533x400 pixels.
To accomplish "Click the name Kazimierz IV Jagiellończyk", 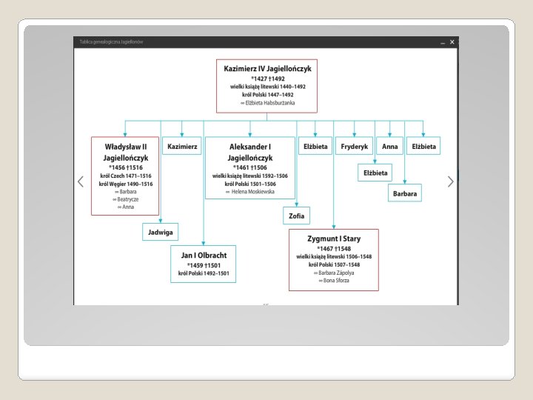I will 267,68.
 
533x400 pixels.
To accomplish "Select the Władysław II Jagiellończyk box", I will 125,176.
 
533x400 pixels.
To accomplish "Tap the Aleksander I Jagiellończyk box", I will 249,168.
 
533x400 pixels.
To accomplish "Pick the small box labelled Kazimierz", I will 182,147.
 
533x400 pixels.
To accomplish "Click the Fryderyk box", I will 355,147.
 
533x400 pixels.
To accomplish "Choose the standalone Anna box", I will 390,147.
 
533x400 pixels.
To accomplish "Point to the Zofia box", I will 296,216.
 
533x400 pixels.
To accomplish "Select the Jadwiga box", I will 161,232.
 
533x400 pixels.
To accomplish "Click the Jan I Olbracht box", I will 204,263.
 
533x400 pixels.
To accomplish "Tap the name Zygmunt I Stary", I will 334,239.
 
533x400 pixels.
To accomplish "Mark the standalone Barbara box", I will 405,193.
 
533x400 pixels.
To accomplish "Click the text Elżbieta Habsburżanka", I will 268,103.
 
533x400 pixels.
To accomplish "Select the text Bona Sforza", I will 335,281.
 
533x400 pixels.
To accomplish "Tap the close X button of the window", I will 452,42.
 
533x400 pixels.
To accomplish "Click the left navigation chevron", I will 81,181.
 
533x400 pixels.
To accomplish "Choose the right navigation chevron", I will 450,181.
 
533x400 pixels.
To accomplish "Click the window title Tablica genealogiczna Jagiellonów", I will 111,42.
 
